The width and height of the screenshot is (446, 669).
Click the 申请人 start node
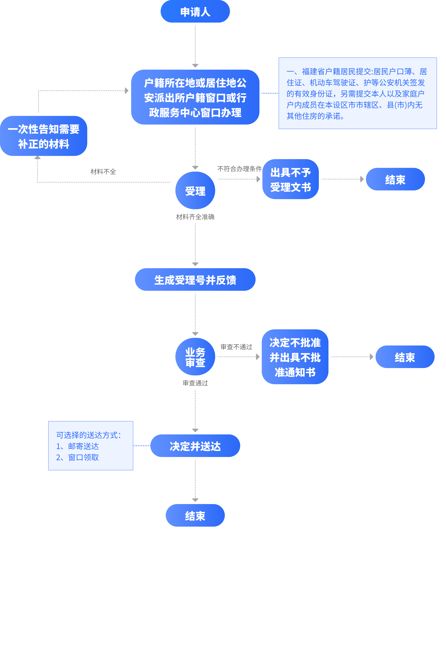coord(195,12)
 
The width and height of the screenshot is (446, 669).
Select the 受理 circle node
coord(195,190)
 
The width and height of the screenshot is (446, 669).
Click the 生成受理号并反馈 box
coord(195,280)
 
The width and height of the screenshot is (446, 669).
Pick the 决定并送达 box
coord(195,446)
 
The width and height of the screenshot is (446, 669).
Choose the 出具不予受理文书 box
coord(290,179)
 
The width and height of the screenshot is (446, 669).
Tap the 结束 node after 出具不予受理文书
coord(395,179)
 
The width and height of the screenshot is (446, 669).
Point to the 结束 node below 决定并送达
coord(195,515)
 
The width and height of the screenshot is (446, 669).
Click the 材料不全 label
coord(103,172)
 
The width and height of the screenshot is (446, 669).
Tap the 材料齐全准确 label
coord(195,217)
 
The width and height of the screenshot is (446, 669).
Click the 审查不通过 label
coord(236,347)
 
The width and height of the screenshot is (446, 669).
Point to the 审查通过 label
coord(195,383)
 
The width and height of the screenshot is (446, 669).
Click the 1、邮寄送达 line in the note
coord(77,446)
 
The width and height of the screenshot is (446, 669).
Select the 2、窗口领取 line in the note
coord(77,458)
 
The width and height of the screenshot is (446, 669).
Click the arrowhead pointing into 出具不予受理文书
coord(258,179)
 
